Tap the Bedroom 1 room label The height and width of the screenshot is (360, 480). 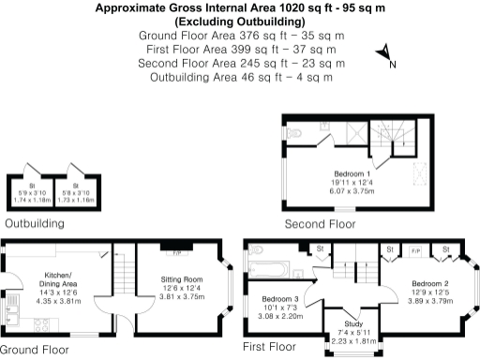[x=353, y=174]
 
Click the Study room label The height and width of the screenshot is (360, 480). [x=354, y=324]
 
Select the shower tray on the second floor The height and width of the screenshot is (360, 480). [x=353, y=134]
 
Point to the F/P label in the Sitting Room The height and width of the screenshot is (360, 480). [x=175, y=252]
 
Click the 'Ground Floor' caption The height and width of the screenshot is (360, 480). [x=34, y=350]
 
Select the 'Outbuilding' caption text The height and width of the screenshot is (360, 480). [x=35, y=224]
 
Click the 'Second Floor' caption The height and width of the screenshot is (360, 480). [x=322, y=224]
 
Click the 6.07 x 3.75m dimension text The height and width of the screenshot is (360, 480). [x=354, y=190]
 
